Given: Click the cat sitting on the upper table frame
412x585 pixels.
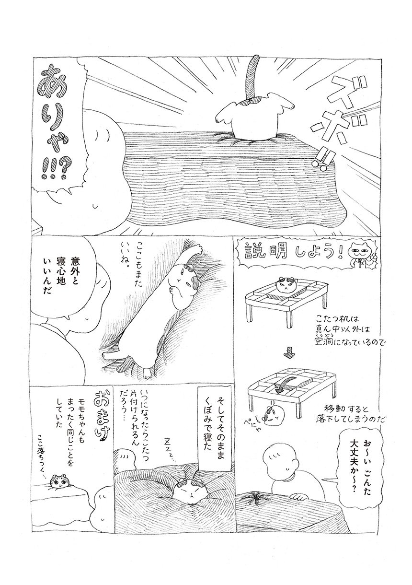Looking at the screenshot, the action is click(x=289, y=286).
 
